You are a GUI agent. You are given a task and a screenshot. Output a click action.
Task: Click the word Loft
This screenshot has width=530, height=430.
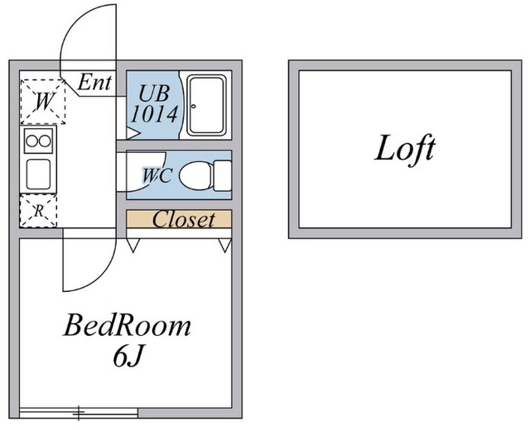405,150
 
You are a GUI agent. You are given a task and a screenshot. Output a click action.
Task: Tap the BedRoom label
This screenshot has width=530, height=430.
128,325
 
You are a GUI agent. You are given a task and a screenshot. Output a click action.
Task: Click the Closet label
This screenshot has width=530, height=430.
183,219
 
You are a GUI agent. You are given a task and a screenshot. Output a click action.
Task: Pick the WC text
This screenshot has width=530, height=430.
157,175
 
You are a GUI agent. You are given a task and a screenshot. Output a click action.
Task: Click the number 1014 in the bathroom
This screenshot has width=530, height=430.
154,114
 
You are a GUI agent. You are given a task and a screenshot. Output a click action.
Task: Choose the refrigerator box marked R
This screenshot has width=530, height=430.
38,211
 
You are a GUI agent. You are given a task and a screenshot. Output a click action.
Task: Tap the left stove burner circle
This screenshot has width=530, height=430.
31,141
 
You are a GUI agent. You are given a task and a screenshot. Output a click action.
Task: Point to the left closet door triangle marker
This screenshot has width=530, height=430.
132,245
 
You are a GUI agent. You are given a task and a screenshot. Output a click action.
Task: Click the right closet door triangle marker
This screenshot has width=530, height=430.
224,245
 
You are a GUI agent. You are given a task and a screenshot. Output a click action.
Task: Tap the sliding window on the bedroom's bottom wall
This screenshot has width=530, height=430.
79,411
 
